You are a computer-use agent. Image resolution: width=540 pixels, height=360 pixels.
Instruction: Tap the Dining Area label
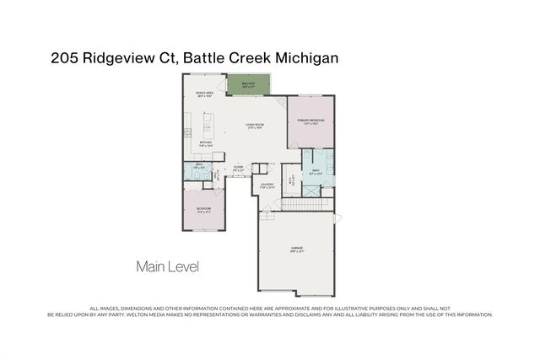(x=202, y=94)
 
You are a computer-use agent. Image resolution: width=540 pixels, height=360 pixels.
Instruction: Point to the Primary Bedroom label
(x=310, y=122)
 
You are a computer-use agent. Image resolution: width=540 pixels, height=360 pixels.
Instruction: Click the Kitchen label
(x=206, y=144)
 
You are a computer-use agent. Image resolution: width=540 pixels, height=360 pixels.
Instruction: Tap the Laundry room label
(x=267, y=185)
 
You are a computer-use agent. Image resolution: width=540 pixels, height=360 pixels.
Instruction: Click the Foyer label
(x=239, y=169)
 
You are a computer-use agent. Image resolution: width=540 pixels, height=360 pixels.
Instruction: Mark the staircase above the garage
(x=307, y=204)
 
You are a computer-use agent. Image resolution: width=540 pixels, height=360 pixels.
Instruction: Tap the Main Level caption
(x=167, y=267)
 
